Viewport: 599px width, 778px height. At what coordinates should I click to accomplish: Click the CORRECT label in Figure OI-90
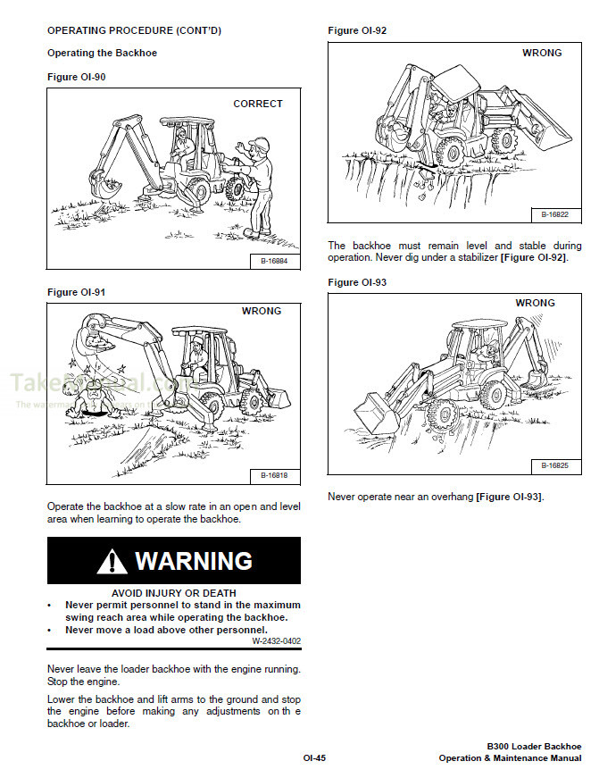point(257,104)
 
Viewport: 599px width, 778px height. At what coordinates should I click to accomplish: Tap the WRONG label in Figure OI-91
point(261,311)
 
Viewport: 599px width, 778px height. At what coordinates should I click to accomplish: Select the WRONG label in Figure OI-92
point(542,53)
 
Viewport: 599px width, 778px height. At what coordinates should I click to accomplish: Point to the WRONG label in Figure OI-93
point(535,303)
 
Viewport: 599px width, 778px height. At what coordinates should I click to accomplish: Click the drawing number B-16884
point(274,262)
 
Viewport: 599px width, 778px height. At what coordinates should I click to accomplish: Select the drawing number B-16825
point(555,466)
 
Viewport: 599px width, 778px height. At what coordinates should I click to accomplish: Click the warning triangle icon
point(112,562)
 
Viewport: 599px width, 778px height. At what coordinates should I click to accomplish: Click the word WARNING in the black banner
point(194,561)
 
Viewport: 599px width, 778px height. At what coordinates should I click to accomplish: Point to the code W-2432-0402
point(276,640)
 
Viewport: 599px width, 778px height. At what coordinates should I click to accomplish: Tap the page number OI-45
point(314,758)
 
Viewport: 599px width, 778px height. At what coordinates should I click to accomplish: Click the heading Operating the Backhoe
point(102,54)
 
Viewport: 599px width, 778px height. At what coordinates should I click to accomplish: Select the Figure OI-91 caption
point(76,292)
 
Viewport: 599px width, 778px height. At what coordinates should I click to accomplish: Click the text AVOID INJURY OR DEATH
point(174,592)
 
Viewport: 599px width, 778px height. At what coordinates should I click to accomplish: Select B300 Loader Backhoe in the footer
point(534,747)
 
